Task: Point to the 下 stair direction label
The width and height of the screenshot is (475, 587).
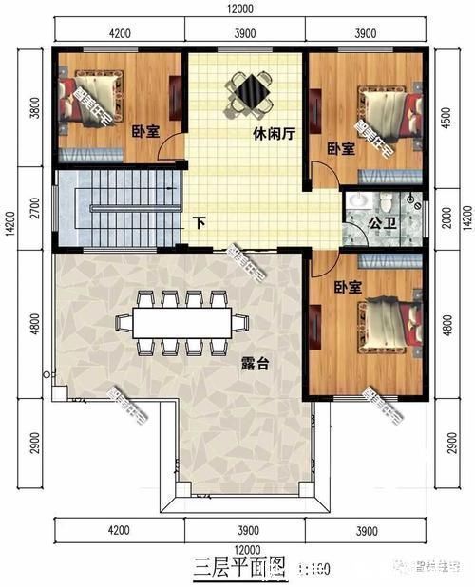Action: pyautogui.click(x=199, y=224)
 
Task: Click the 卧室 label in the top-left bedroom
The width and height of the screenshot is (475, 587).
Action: pyautogui.click(x=144, y=133)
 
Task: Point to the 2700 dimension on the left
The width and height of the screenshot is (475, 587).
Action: pyautogui.click(x=35, y=207)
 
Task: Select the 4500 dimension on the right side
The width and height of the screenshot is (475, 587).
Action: pyautogui.click(x=445, y=124)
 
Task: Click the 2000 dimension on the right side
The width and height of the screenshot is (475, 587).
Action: pyautogui.click(x=445, y=218)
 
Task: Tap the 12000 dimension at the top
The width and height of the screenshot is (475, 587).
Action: pyautogui.click(x=240, y=9)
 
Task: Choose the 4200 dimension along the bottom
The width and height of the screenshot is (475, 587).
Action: pyautogui.click(x=118, y=529)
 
